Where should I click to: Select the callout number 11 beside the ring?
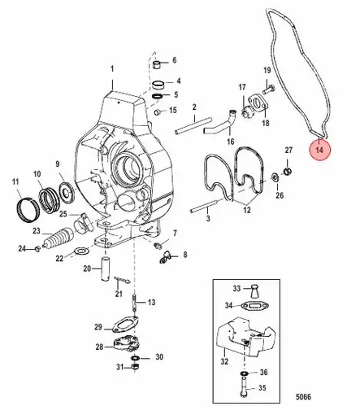[x=15, y=181]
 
